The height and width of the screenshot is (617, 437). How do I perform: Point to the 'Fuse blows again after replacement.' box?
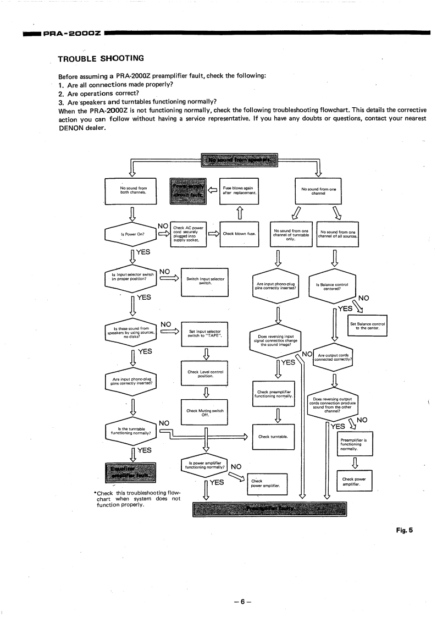(239, 190)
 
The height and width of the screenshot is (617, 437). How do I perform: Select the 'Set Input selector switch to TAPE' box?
(204, 333)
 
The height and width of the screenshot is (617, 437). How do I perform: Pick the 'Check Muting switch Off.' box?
(204, 412)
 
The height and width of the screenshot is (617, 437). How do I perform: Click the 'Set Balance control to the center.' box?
(368, 326)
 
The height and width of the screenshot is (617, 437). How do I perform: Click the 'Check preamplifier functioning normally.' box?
(274, 394)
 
